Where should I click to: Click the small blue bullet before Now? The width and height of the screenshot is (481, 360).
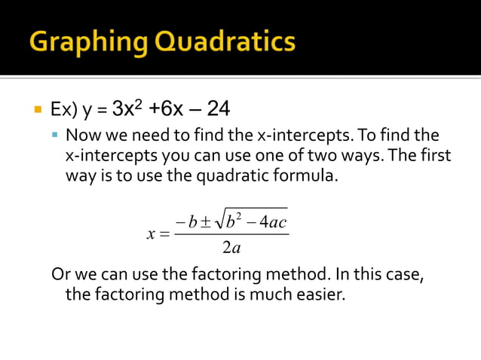54,136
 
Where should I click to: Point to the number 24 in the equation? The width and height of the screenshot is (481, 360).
218,109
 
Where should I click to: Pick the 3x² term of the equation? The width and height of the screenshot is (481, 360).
127,109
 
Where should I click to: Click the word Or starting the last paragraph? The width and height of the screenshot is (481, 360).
60,273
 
